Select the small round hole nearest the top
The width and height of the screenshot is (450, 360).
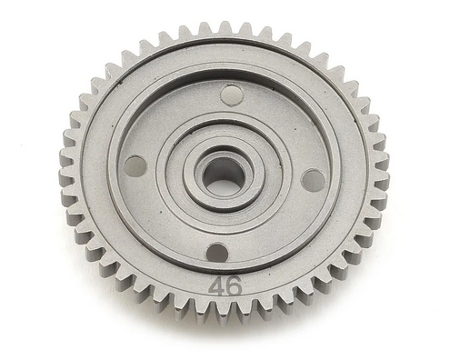coord(232,95)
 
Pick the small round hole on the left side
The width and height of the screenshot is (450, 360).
coord(135,165)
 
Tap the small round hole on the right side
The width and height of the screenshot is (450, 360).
coord(312,179)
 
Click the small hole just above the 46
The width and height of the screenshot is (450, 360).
coord(217,252)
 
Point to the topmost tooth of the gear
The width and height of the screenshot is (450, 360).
coord(225,30)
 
